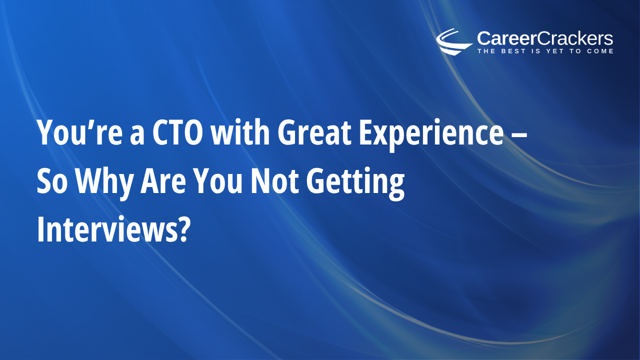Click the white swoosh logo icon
tap(453, 41)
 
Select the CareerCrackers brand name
tap(545, 38)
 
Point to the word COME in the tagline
tap(599, 51)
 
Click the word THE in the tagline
tap(485, 51)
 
